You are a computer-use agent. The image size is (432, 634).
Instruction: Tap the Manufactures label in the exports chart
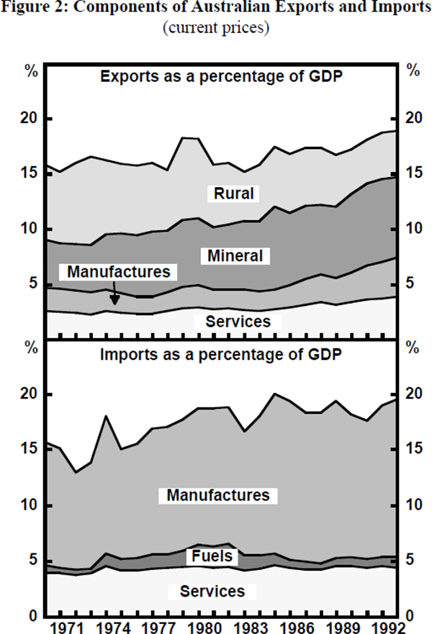(120, 271)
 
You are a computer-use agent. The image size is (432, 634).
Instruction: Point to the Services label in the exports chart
(238, 321)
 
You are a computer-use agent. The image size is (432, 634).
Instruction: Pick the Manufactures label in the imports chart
(218, 495)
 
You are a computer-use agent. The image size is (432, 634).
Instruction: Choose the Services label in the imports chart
(212, 592)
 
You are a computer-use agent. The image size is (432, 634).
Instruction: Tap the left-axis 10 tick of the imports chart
(28, 505)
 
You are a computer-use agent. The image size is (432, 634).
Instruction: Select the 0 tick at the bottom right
(411, 617)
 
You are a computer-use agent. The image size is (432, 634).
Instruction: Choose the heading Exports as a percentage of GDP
(220, 76)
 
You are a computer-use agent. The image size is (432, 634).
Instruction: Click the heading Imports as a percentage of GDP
(220, 355)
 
